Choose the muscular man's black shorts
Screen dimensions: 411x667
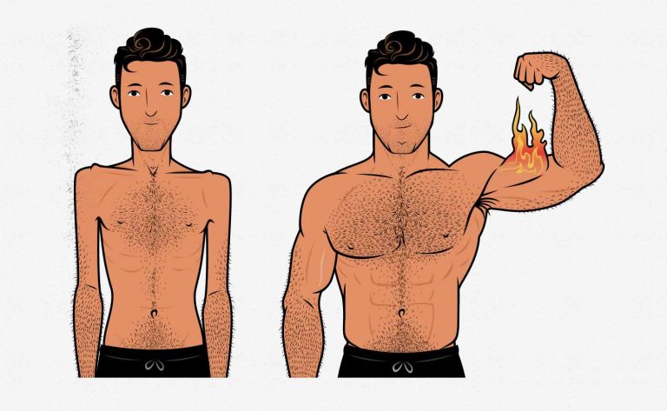(x=400, y=361)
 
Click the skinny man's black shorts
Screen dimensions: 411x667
(x=152, y=362)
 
